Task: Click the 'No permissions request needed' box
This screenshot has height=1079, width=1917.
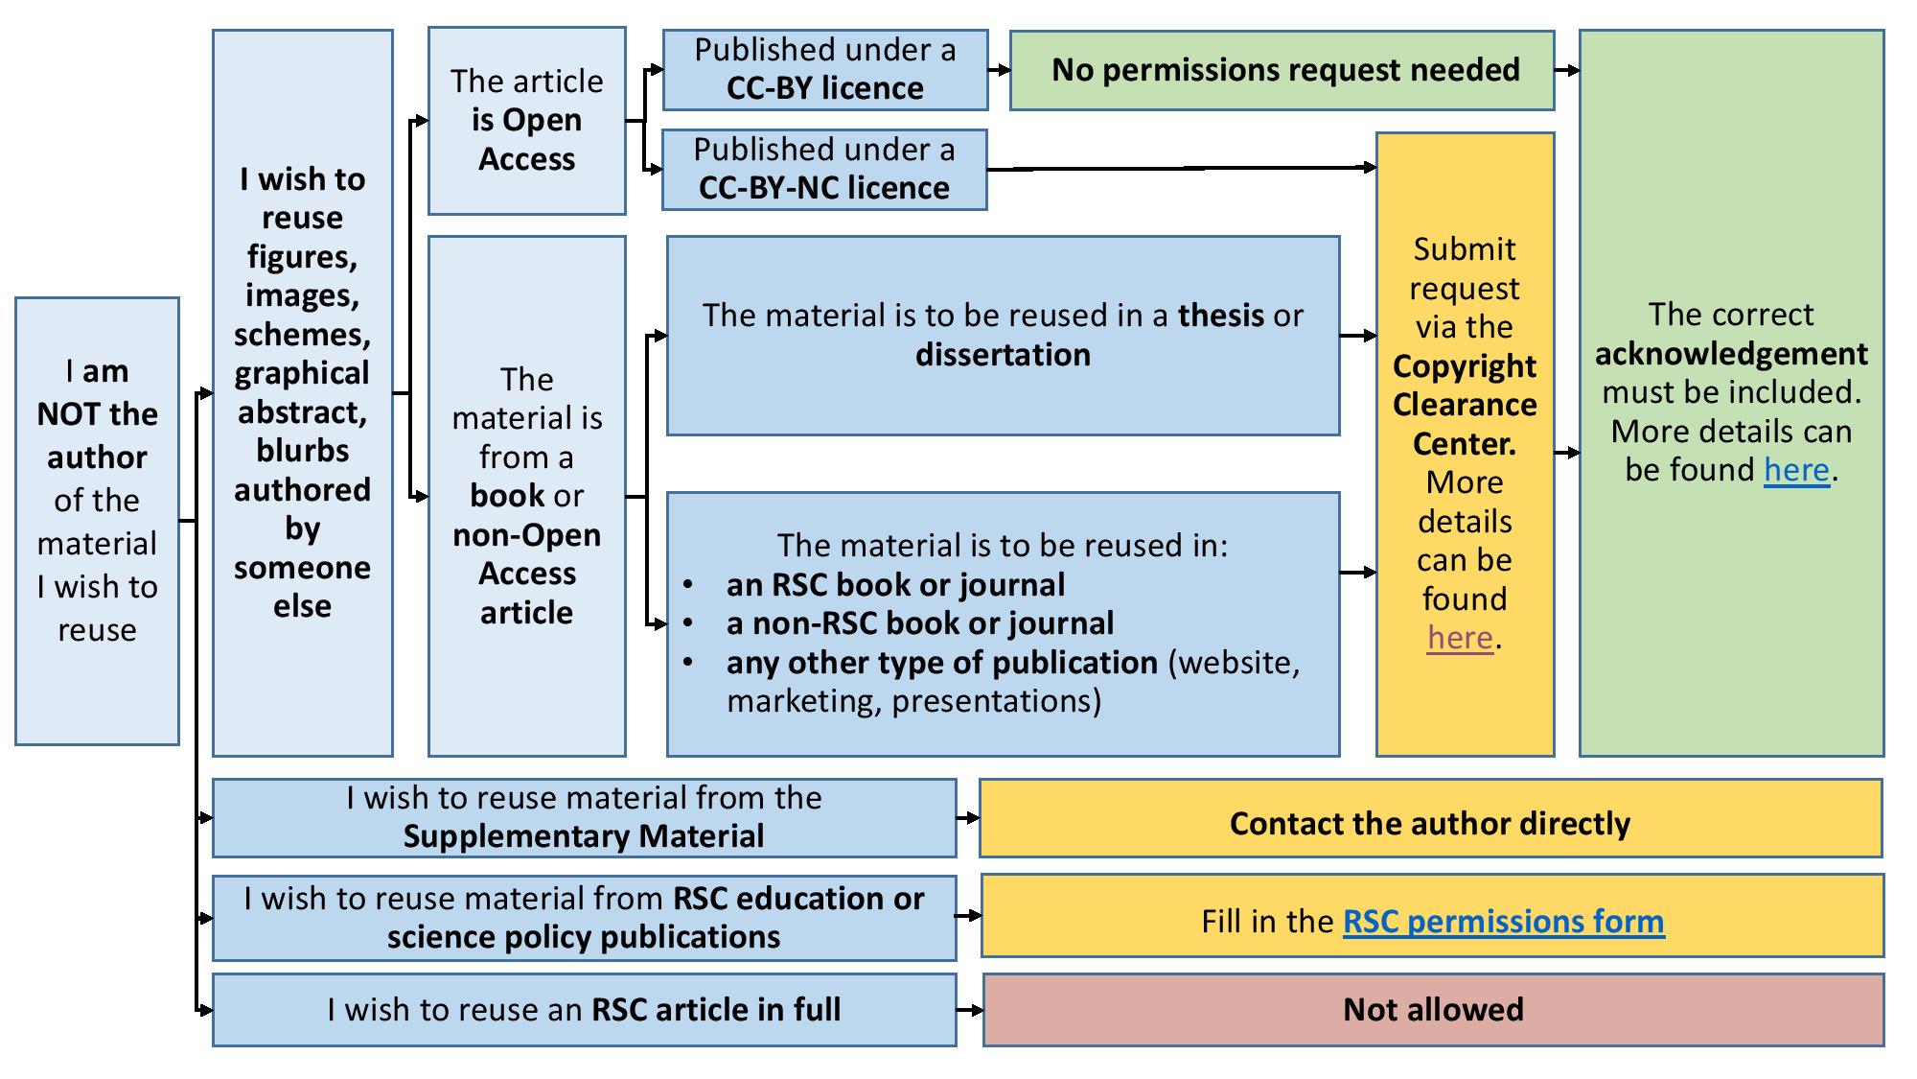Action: click(1282, 70)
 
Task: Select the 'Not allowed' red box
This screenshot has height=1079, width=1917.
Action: click(1433, 1009)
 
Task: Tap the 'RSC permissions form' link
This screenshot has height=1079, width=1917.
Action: click(1503, 921)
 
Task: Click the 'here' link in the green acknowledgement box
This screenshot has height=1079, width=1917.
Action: click(1796, 470)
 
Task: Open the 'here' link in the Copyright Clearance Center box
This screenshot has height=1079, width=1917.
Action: click(1460, 638)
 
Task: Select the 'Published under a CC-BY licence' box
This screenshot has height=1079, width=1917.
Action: click(824, 69)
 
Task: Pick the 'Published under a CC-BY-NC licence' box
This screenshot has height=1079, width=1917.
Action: click(824, 169)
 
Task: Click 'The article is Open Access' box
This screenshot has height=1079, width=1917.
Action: click(526, 121)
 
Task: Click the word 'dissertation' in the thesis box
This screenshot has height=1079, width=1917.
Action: click(1003, 355)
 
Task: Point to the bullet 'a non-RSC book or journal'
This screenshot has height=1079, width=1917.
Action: click(919, 623)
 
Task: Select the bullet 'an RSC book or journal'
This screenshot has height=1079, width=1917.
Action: click(895, 585)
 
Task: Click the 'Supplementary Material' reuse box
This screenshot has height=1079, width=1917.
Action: click(584, 817)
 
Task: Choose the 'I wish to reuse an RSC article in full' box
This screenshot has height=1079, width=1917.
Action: click(584, 1009)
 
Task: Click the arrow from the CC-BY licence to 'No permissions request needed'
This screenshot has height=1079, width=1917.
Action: click(999, 70)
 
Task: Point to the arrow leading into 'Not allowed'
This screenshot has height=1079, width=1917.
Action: click(970, 1010)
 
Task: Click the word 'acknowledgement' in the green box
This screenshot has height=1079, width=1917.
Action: click(1731, 354)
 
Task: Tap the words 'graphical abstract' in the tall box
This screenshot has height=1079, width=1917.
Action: click(302, 392)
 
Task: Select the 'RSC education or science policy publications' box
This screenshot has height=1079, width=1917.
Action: click(584, 917)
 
